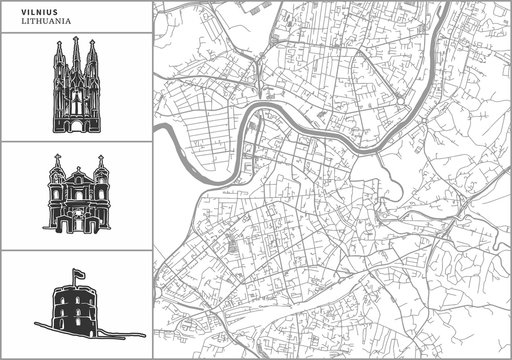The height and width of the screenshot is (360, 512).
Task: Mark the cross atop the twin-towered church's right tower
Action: (100, 158)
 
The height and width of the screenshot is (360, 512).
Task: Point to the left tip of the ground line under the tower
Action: (35, 326)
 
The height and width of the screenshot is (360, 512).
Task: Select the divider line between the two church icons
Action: (76, 142)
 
